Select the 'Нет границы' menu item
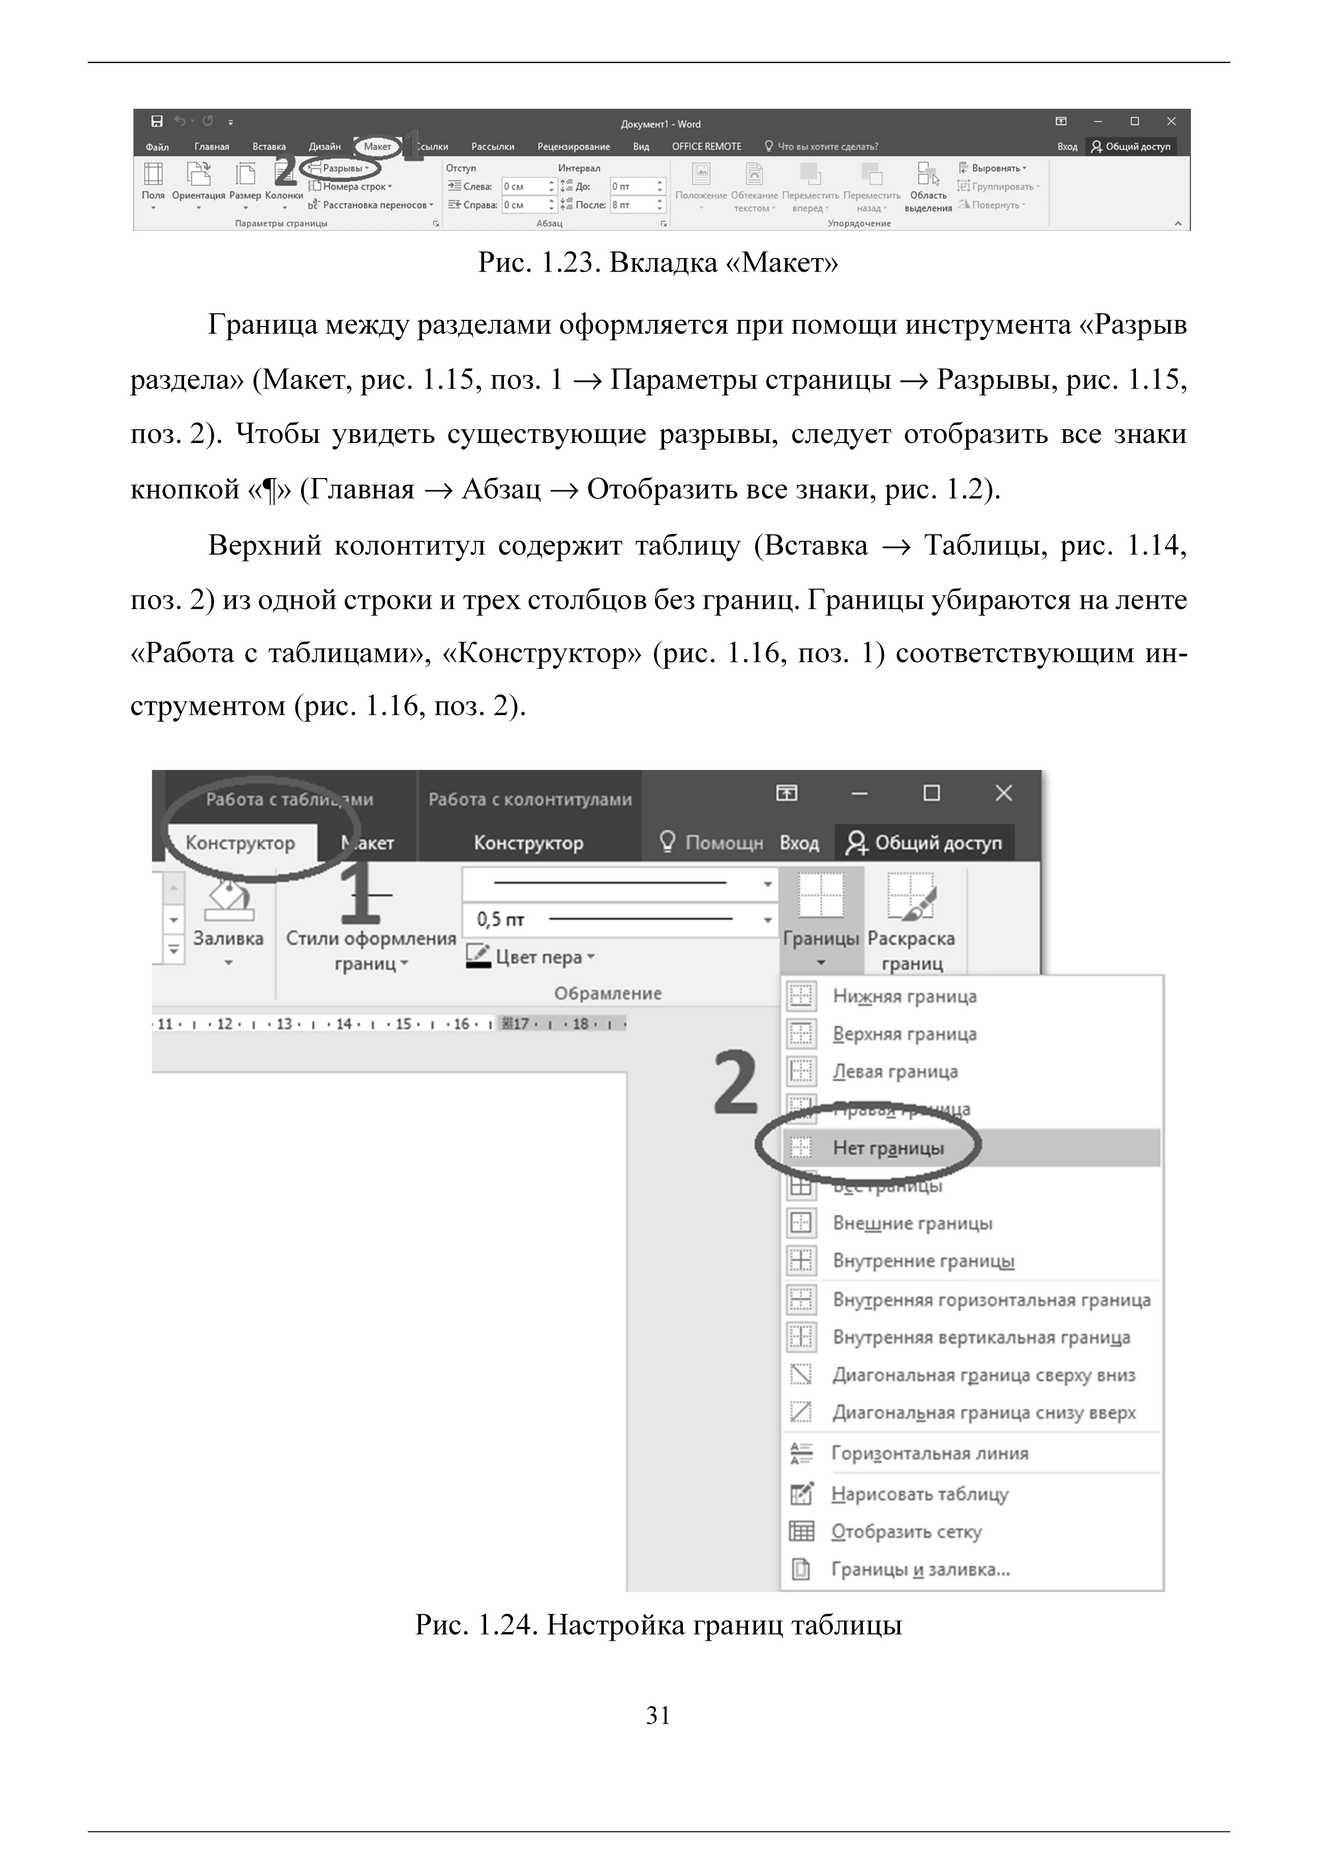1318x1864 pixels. click(888, 1148)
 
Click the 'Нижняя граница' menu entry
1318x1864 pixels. click(904, 996)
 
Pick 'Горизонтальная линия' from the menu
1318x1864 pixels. click(929, 1453)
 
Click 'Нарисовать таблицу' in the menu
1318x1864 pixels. click(919, 1494)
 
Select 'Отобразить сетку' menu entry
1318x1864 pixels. click(906, 1531)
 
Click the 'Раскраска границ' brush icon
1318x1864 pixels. click(911, 897)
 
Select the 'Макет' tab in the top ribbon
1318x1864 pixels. click(377, 146)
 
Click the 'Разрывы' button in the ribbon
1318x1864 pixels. click(344, 168)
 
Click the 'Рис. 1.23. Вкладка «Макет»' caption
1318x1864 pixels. click(658, 262)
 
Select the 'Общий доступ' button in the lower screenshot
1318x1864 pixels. click(926, 843)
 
